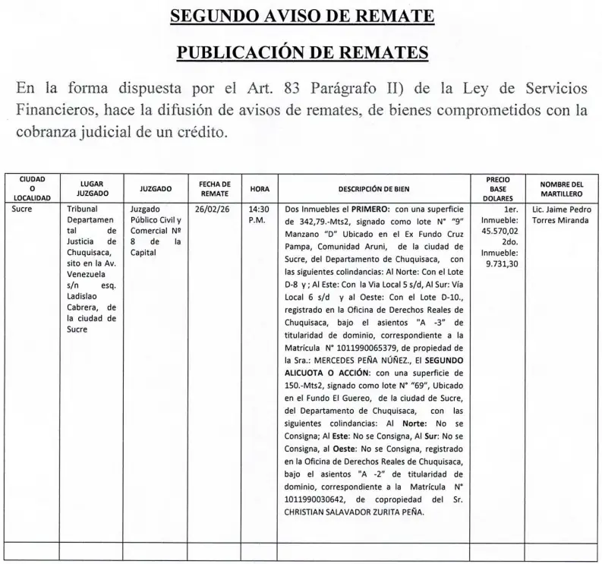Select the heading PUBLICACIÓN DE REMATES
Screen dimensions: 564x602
[x=301, y=52]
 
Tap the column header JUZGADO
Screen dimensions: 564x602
[x=156, y=188]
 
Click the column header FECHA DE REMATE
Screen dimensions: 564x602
[x=214, y=188]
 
